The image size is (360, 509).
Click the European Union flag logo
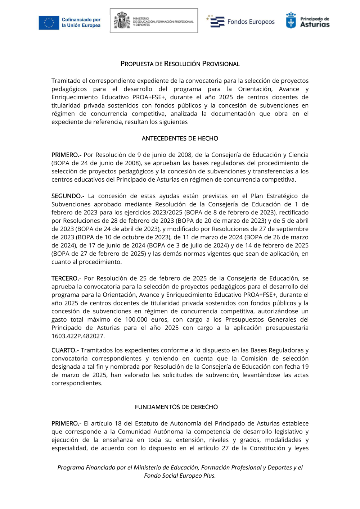point(49,23)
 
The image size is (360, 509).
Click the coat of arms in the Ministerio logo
point(122,21)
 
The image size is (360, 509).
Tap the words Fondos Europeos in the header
point(251,22)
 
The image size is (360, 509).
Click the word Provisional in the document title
point(221,64)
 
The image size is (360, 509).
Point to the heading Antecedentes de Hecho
point(180,138)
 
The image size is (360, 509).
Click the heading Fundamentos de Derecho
point(176,407)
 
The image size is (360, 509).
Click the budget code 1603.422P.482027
point(78,336)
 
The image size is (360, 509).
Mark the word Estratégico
point(282,196)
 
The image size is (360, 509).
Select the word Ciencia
point(298,155)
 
